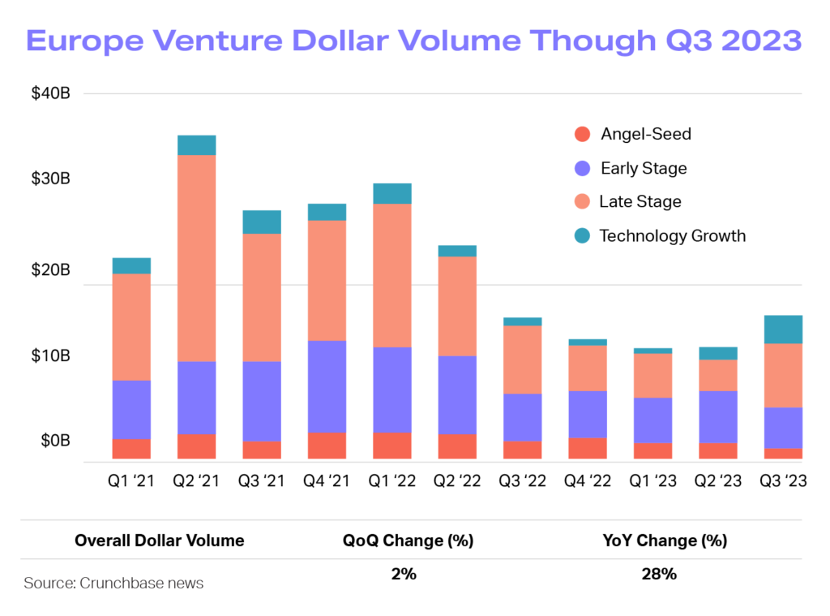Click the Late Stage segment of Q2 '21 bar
196,258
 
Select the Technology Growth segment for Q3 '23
783,330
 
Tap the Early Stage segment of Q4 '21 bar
327,386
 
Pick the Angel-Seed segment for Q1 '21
131,450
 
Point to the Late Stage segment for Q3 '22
523,360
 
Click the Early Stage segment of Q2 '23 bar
718,416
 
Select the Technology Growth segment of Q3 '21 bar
262,222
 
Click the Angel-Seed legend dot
581,135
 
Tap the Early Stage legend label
644,169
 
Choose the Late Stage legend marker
581,202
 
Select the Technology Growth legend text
672,236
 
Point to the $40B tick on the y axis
51,93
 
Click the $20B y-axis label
51,269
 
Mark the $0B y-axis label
55,441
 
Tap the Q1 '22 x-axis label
392,481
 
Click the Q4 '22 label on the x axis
588,481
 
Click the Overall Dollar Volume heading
159,541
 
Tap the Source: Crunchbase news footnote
113,583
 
